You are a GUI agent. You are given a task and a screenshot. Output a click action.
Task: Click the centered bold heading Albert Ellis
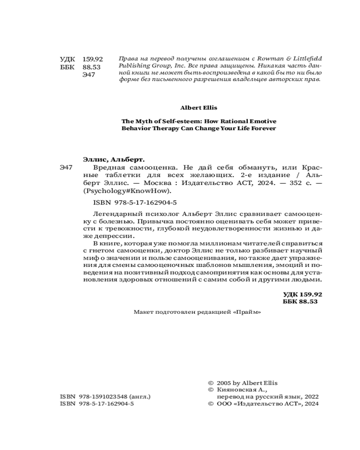[x=198, y=108]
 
